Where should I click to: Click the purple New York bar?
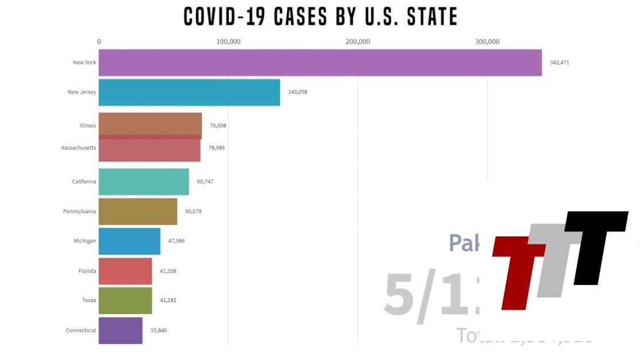click(x=320, y=63)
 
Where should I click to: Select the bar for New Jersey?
click(x=189, y=92)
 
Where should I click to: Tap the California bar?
click(x=143, y=181)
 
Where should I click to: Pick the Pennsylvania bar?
click(x=138, y=211)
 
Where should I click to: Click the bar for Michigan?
click(x=129, y=241)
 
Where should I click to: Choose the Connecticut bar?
click(x=120, y=330)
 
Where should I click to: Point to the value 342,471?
click(x=559, y=63)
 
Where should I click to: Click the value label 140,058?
click(x=297, y=92)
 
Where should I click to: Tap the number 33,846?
click(x=158, y=330)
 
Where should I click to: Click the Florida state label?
click(x=87, y=271)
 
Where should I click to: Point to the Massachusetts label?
click(x=79, y=148)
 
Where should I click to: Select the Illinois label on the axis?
click(x=88, y=125)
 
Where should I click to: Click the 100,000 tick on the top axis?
click(x=228, y=41)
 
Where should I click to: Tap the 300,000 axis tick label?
click(x=487, y=41)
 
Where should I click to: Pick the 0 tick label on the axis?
click(x=99, y=41)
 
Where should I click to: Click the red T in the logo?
click(x=519, y=270)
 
